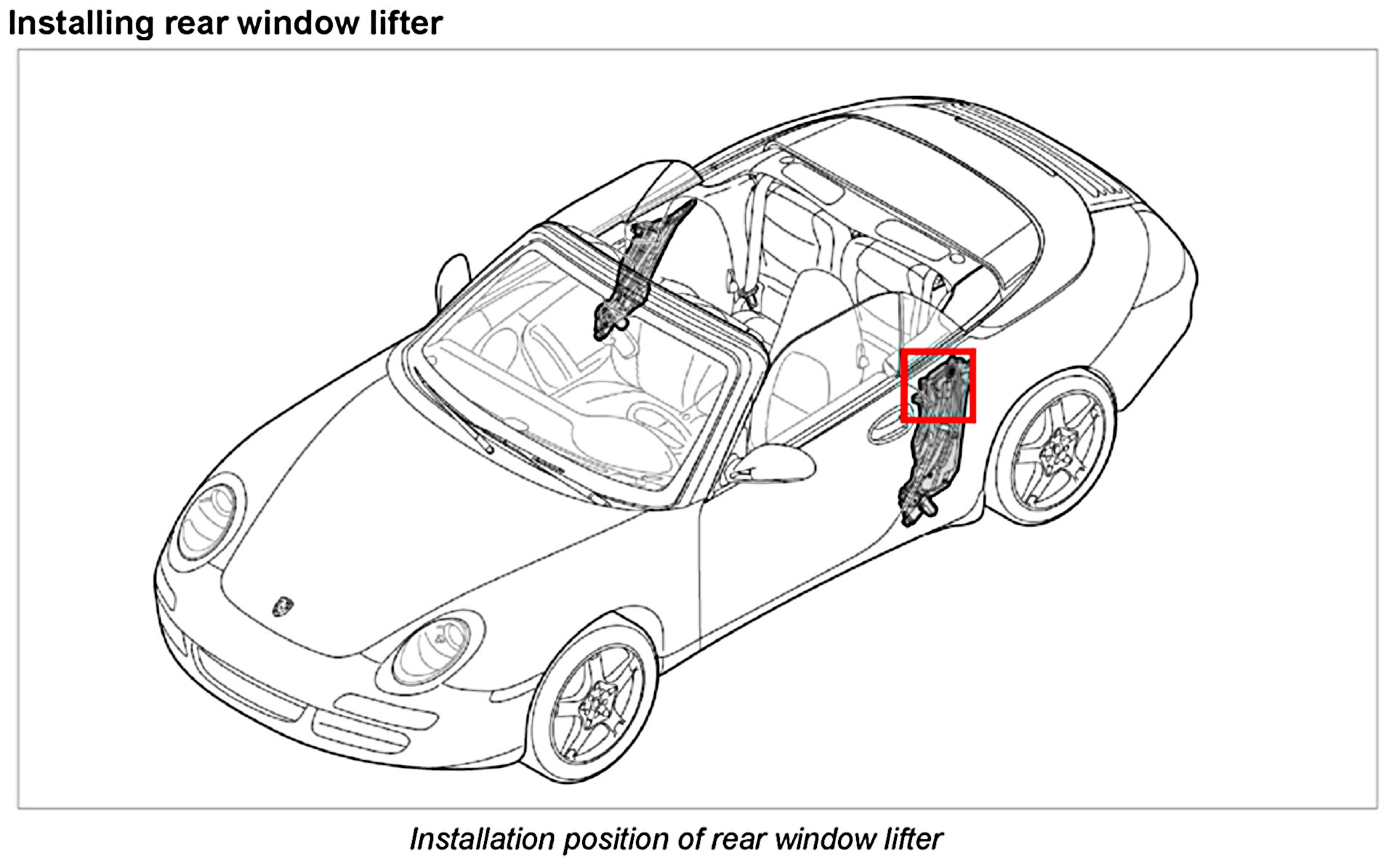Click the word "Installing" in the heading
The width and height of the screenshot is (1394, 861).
coord(81,23)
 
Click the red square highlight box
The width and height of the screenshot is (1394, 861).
coord(938,385)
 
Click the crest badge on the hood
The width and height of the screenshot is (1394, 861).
coord(282,606)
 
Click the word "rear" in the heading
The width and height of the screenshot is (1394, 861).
coord(196,23)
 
